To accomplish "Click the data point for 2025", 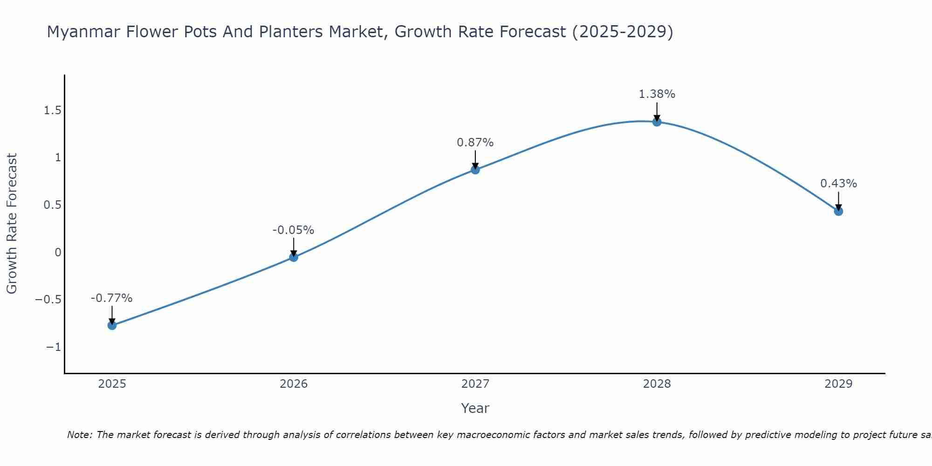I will (112, 325).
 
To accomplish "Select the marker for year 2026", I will (294, 257).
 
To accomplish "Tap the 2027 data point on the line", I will (475, 170).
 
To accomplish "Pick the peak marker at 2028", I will (657, 122).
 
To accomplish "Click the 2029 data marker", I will (838, 212).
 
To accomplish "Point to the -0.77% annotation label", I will (111, 298).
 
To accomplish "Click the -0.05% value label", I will (293, 230).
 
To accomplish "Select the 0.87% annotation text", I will (475, 143).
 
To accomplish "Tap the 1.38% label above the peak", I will (657, 94).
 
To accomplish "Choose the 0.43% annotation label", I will (838, 184).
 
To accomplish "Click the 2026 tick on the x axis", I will (294, 384).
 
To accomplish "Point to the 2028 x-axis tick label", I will (657, 384).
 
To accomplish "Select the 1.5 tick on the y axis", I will (53, 110).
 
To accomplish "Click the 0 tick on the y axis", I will (58, 253).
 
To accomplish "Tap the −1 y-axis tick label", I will (54, 347).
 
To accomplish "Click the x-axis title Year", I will (475, 409).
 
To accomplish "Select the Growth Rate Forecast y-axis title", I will (12, 224).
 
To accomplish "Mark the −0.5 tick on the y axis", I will (48, 300).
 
